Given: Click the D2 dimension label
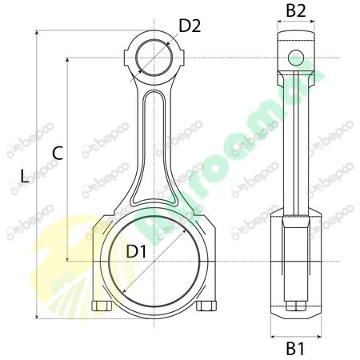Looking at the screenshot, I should (x=190, y=26).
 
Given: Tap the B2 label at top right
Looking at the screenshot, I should (x=297, y=11).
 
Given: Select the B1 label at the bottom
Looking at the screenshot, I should (x=296, y=349).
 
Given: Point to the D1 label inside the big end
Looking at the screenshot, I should (x=137, y=251).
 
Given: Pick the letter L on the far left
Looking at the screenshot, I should (x=24, y=176).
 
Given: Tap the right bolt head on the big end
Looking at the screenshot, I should (x=207, y=306).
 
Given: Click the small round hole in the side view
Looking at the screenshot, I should (x=296, y=57).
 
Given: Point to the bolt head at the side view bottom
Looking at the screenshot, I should (x=296, y=306).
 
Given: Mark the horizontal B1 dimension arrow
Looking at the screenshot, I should (x=296, y=335).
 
